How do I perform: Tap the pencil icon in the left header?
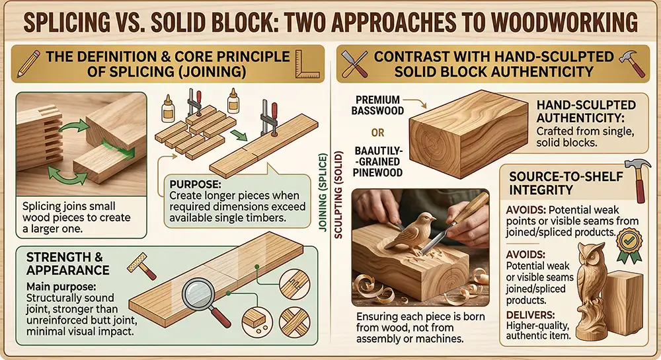click(x=28, y=63)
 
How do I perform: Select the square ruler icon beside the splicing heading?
click(x=305, y=63)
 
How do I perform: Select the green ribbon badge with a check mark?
click(x=629, y=242)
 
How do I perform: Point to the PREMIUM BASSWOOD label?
click(x=377, y=105)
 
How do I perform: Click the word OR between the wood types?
click(x=377, y=133)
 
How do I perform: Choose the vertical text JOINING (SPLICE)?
click(x=323, y=192)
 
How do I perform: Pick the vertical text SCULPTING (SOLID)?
click(x=338, y=195)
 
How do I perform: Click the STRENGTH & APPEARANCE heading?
click(x=68, y=263)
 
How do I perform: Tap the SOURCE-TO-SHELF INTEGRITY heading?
click(x=566, y=183)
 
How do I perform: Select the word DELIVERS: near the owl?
click(x=530, y=314)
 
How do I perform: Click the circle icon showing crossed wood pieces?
click(x=295, y=323)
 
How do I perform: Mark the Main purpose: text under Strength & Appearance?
click(x=61, y=287)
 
